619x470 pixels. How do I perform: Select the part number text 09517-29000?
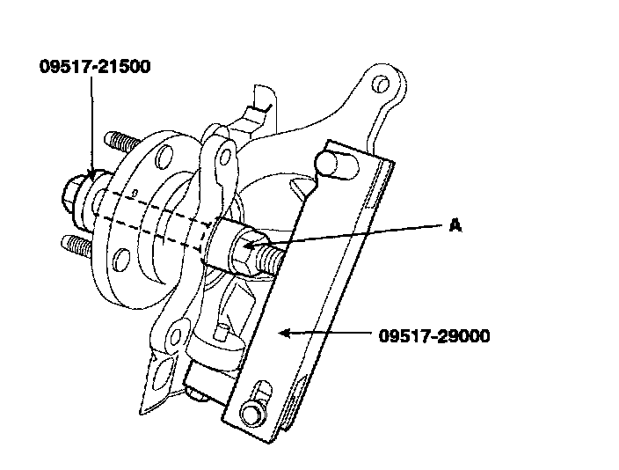(x=435, y=335)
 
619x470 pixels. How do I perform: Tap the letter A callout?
(x=455, y=226)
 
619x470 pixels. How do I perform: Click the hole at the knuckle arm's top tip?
(x=381, y=84)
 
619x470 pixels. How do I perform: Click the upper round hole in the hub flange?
(x=163, y=158)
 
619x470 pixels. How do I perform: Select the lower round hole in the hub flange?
(x=121, y=259)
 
